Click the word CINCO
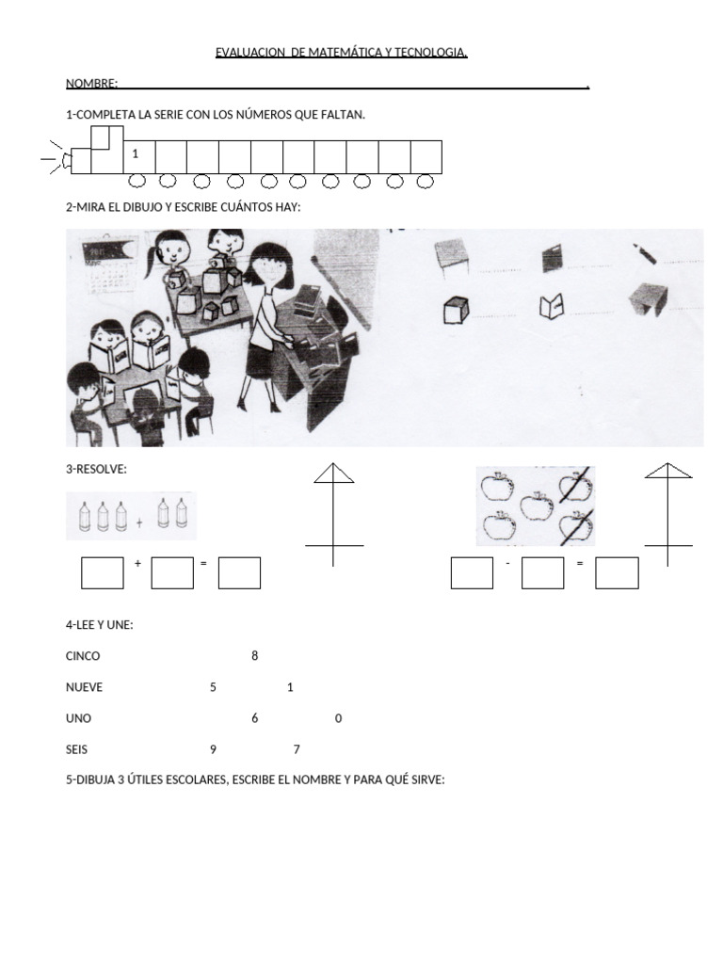83,656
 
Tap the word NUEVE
85,687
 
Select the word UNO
79,718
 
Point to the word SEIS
78,749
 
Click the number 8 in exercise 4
254,656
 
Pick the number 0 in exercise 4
338,718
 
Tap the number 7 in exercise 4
297,749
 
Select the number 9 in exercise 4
214,749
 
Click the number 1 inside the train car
136,153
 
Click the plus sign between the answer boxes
137,563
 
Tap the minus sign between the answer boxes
507,563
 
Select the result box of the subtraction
617,572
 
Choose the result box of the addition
239,572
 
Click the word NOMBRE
90,85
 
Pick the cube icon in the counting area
456,310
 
